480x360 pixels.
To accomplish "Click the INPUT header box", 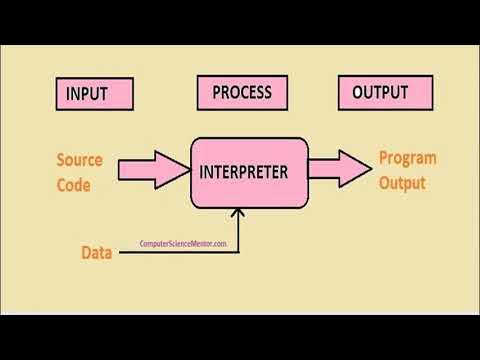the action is coord(95,95).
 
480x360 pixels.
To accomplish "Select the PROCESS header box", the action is coord(242,94).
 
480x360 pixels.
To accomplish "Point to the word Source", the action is coord(79,160).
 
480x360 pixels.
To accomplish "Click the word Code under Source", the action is coord(73,184).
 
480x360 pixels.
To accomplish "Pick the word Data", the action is coord(97,252).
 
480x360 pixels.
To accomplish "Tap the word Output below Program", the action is coord(402,183).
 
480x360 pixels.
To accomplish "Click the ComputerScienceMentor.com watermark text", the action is coord(183,243).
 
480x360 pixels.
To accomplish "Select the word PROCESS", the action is coord(242,93).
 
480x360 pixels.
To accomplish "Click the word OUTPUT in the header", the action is coord(380,93).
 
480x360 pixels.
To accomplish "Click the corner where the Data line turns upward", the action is coord(239,252).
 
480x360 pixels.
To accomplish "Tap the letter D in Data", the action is coord(86,252).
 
